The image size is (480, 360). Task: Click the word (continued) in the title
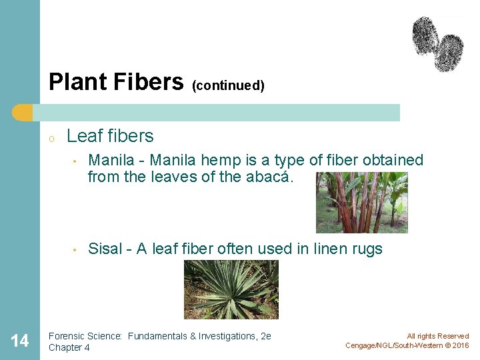tap(228, 86)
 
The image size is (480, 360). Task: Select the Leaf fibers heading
tap(110, 136)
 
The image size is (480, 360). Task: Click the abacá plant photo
tap(361, 203)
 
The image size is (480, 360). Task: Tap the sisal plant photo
tap(231, 289)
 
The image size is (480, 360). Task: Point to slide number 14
tap(20, 341)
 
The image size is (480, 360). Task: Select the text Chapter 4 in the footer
tap(69, 348)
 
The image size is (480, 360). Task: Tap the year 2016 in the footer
tap(460, 345)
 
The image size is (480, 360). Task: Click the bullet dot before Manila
tap(77, 161)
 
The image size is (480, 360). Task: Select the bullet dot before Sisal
tap(77, 250)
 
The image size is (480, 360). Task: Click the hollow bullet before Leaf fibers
tap(51, 138)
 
